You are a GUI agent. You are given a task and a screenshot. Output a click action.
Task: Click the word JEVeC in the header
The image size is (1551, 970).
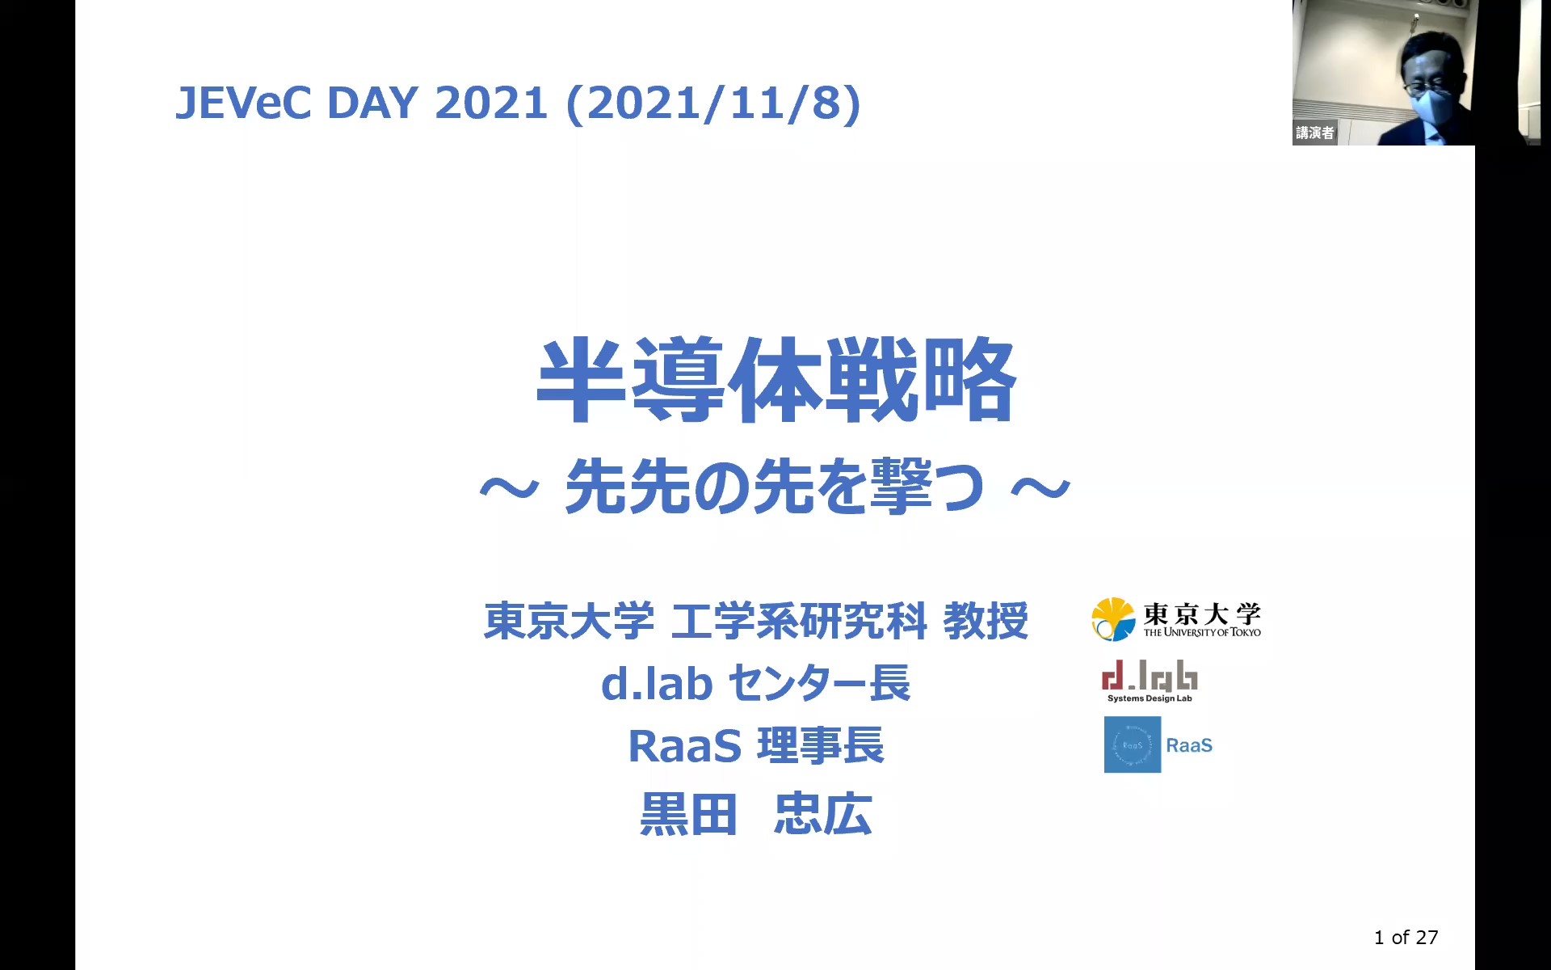[243, 103]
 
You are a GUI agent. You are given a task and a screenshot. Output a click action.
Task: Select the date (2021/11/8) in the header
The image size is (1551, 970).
[713, 104]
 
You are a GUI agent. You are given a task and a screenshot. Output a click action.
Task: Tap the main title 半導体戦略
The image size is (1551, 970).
[776, 380]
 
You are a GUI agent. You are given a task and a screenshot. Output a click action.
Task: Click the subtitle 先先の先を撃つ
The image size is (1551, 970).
[775, 487]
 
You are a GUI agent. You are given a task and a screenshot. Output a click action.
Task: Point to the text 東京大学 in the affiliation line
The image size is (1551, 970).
[569, 621]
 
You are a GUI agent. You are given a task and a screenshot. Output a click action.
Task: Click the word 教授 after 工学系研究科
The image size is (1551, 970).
[986, 621]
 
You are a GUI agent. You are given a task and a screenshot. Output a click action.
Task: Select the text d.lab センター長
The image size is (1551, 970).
[755, 683]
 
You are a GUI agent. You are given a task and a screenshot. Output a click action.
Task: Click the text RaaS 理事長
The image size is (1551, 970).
[756, 745]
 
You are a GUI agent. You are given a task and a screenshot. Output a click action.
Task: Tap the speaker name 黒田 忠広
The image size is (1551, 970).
[756, 813]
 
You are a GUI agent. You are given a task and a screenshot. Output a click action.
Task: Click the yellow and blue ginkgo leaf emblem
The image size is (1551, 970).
[1113, 619]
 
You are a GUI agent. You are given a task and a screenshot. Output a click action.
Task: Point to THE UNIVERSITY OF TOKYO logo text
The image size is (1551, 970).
[1202, 632]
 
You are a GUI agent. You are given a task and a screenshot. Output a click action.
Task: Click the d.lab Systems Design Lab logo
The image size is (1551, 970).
[1150, 681]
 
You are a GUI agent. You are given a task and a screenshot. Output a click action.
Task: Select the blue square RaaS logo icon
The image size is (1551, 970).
[1133, 744]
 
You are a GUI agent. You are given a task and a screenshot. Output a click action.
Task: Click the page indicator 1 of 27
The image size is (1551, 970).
[1406, 937]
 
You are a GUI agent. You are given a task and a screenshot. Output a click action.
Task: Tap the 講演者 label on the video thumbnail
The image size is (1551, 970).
[1314, 133]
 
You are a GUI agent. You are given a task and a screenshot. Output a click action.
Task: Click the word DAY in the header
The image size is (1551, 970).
[372, 103]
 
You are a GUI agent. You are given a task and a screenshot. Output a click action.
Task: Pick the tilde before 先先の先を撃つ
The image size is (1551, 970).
[509, 487]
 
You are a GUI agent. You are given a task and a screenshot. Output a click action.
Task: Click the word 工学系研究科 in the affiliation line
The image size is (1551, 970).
[799, 621]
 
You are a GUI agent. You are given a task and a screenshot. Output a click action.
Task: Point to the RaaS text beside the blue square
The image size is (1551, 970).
[1189, 745]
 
